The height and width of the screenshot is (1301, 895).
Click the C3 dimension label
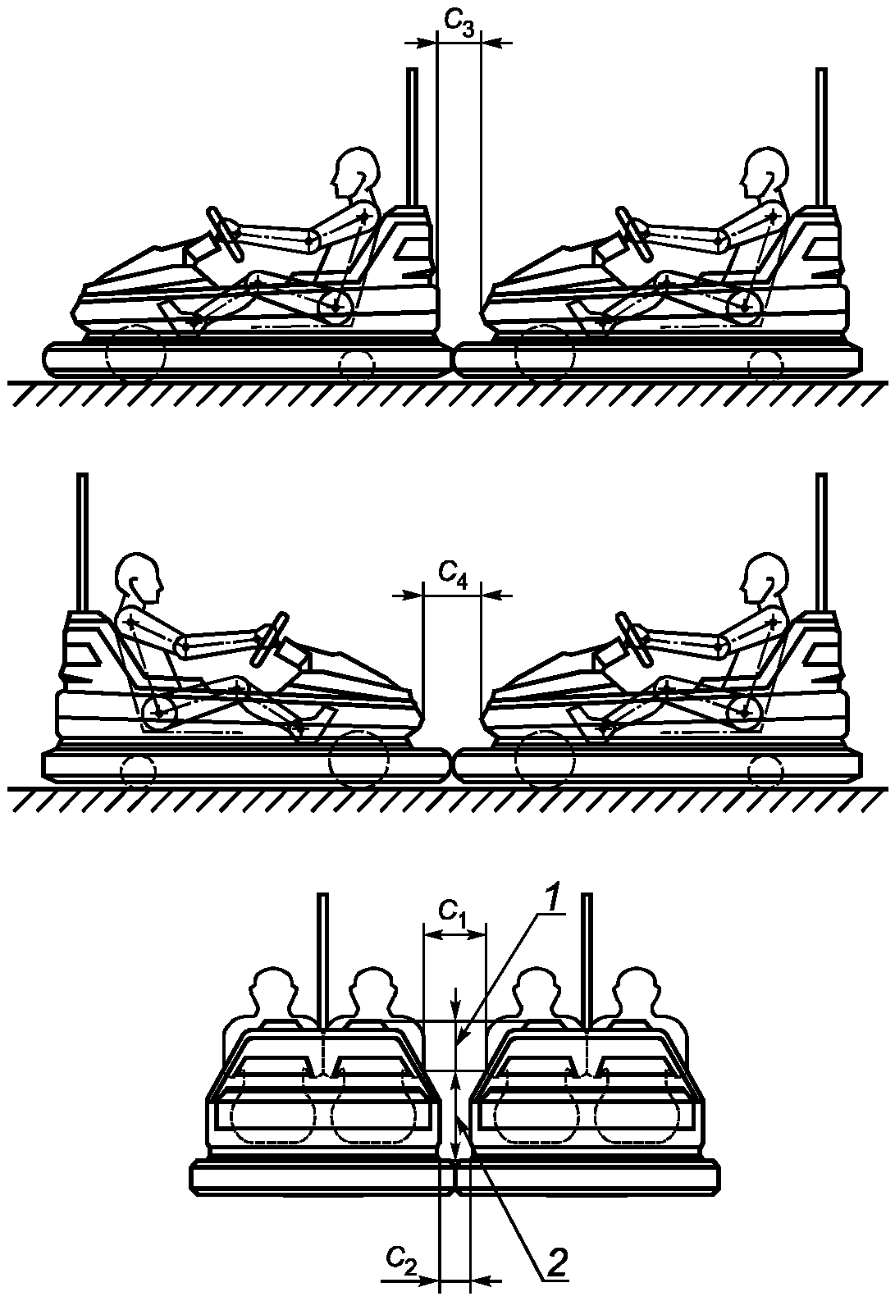coord(459,24)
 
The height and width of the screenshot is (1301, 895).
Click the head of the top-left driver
coord(357,173)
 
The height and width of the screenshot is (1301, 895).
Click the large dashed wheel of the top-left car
coord(135,354)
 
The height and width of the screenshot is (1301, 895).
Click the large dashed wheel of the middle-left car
coord(358,758)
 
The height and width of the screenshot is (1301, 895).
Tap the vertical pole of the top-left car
coord(412,135)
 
